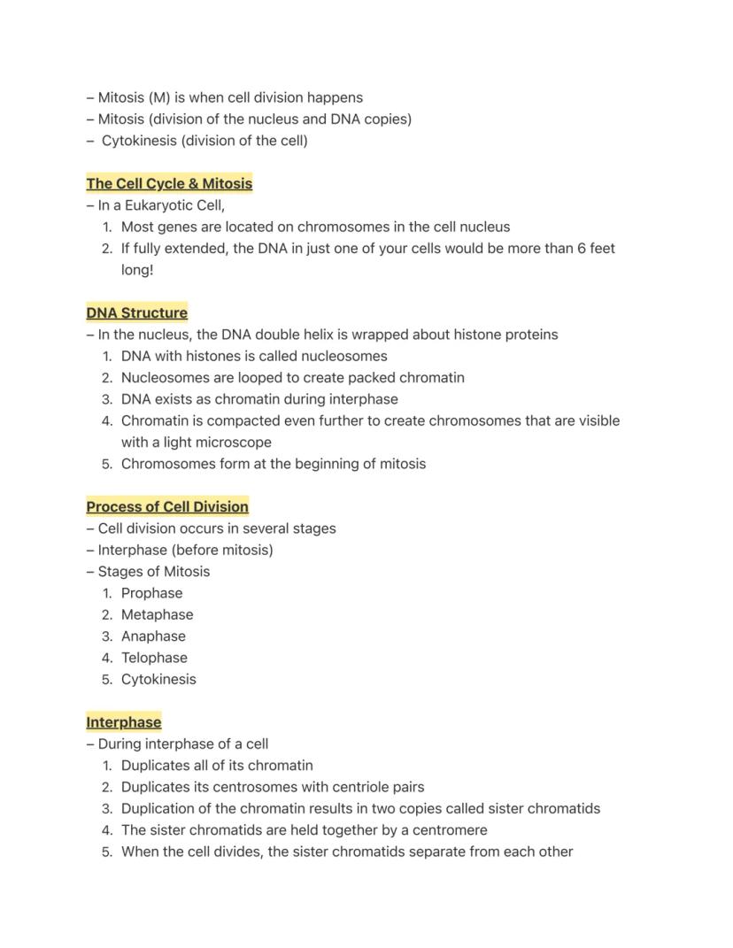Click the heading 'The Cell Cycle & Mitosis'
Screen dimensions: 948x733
coord(169,184)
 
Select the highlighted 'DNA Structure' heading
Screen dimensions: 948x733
coord(136,313)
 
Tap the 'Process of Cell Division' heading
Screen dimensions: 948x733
coord(167,507)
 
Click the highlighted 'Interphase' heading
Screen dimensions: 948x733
coord(123,722)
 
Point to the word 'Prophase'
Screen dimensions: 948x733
coord(151,593)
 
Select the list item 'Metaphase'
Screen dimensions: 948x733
coord(157,614)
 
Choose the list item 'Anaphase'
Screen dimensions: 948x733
coord(153,636)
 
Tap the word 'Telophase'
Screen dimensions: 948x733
coord(154,658)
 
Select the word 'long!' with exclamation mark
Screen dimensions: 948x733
coord(137,270)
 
